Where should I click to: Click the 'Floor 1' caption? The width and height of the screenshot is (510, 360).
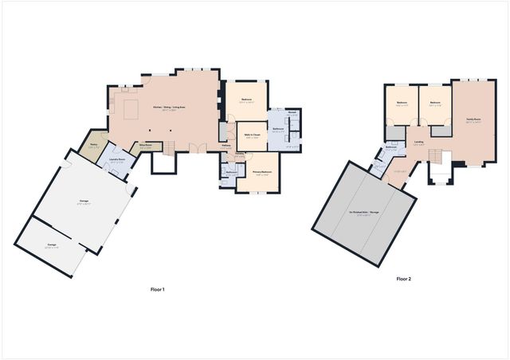[157, 289]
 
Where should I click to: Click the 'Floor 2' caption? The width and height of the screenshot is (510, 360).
[404, 280]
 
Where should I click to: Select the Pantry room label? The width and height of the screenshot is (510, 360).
[93, 144]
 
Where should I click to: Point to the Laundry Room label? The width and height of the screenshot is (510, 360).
[116, 159]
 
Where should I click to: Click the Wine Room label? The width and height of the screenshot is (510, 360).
[146, 145]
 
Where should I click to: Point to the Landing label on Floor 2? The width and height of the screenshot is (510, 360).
[419, 143]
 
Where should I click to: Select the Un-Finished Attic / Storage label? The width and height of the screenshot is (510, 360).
[363, 213]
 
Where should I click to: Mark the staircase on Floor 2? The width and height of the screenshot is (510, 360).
[436, 154]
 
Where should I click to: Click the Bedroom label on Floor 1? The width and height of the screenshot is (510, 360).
[246, 100]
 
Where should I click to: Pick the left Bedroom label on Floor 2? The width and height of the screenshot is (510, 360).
[402, 102]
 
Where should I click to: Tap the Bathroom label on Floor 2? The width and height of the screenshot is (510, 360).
[391, 147]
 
